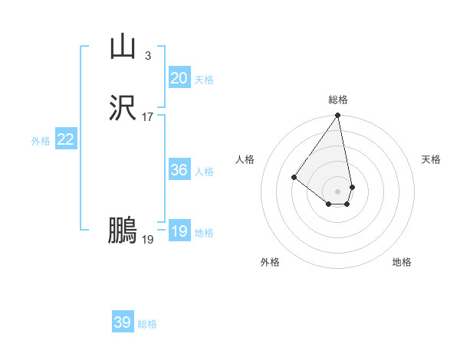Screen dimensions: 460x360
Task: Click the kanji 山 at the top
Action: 123,47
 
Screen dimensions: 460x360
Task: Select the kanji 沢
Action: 123,109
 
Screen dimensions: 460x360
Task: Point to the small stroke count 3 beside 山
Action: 147,56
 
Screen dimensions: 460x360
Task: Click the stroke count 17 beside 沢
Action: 148,117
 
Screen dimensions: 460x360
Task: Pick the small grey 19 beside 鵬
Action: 148,240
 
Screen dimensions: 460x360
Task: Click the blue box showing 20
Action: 179,78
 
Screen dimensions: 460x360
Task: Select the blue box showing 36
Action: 179,170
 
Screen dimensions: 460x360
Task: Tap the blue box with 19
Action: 179,231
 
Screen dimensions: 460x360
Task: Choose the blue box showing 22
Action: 66,139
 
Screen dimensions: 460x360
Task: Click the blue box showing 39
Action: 123,322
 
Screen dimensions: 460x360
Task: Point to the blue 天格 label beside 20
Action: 204,80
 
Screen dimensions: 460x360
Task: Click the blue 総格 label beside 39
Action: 147,324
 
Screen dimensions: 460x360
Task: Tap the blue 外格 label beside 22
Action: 41,141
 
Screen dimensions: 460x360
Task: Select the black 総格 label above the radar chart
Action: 338,100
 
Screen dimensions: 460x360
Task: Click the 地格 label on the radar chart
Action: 402,262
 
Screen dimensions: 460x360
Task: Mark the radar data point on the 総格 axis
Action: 338,116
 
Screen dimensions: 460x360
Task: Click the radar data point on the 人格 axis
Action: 294,177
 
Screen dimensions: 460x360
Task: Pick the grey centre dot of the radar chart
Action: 338,191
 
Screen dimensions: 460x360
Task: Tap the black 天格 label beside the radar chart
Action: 431,159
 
